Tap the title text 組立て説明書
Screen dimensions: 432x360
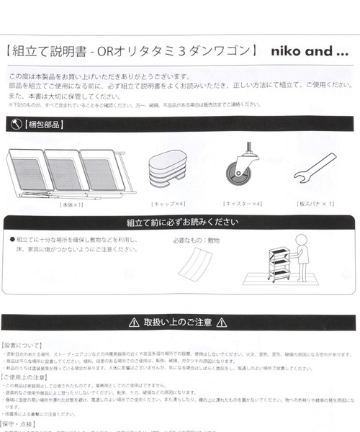44,52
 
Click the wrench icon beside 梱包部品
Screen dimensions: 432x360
14,124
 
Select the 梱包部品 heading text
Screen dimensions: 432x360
42,124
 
